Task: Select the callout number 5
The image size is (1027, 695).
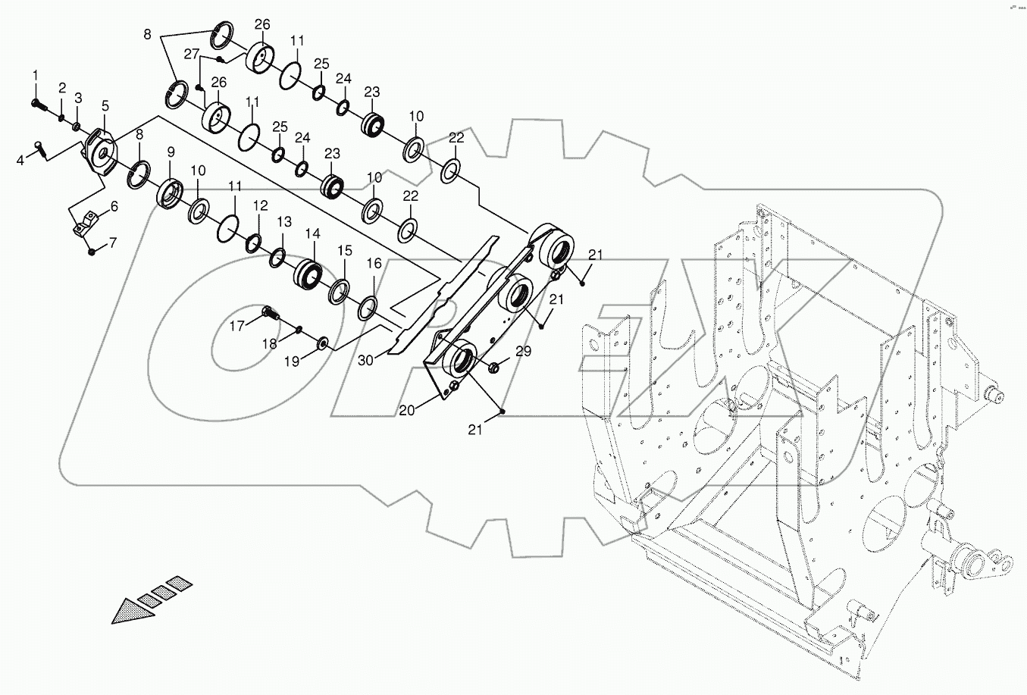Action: (x=105, y=105)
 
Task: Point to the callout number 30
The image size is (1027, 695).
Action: (x=366, y=362)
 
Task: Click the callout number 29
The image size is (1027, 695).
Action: (x=524, y=351)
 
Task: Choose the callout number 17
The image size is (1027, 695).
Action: (x=238, y=326)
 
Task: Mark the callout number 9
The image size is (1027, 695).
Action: (x=171, y=152)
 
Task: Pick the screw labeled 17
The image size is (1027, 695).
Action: (x=269, y=311)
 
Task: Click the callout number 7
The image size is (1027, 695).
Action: (x=113, y=243)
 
